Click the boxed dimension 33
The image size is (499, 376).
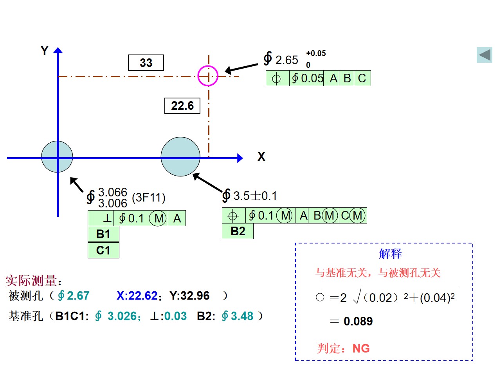(146, 63)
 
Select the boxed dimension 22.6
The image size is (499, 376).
(182, 106)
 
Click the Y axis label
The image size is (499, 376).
(44, 51)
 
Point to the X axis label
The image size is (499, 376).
(261, 157)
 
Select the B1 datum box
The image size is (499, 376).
(103, 234)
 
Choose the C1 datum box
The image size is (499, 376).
(103, 250)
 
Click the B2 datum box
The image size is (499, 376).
(238, 231)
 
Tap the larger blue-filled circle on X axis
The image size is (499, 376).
(180, 157)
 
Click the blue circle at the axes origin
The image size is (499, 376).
(57, 157)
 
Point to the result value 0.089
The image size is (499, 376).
(358, 321)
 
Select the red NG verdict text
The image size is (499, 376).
(361, 348)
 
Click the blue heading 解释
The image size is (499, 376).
(390, 254)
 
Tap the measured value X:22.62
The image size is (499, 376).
(137, 296)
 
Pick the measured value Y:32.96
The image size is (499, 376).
(189, 296)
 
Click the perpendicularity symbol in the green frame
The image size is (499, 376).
(107, 218)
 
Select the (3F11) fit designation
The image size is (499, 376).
(148, 198)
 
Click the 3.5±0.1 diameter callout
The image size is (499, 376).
(249, 196)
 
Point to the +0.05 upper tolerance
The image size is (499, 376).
(316, 53)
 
